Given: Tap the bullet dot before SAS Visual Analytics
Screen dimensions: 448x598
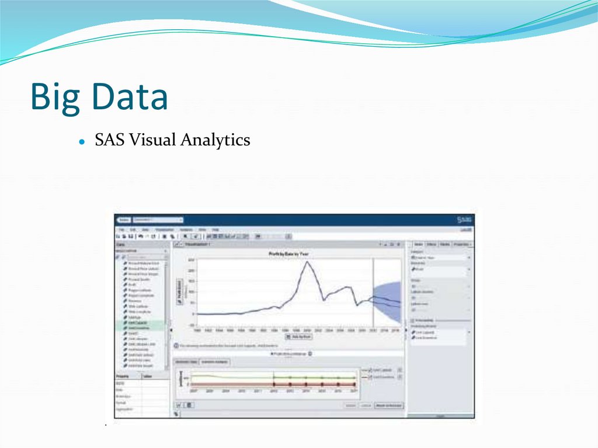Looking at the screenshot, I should point(82,141).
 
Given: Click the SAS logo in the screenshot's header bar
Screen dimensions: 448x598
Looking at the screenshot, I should point(464,220).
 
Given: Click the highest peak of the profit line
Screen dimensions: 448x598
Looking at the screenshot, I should point(307,262).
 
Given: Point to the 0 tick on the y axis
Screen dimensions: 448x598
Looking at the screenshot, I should point(193,314).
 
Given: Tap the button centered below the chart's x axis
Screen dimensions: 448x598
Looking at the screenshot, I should point(298,337).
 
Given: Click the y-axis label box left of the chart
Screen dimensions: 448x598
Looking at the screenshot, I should point(180,290).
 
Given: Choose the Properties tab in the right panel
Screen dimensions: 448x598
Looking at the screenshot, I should point(463,244).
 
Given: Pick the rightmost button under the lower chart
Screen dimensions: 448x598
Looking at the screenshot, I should point(388,405).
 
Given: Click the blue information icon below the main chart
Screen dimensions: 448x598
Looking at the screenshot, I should point(175,346).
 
